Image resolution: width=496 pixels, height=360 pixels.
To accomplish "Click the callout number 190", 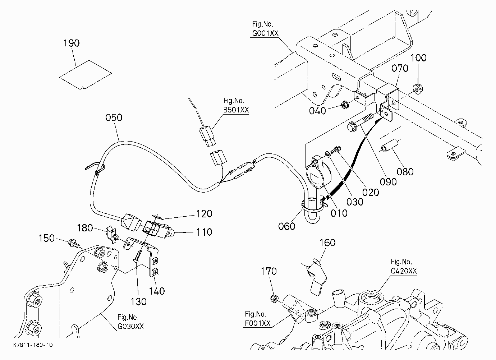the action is [x=71, y=43].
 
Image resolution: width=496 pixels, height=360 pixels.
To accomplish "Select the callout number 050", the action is [x=114, y=117].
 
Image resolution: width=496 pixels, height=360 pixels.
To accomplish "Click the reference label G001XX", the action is [x=265, y=33].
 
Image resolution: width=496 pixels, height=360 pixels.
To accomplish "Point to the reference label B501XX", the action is [x=236, y=110].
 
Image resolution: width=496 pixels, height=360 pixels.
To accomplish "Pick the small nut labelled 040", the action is [x=344, y=105].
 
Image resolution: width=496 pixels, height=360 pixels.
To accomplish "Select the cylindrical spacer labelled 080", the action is [x=390, y=146].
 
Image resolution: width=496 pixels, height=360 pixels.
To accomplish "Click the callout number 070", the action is [x=400, y=68].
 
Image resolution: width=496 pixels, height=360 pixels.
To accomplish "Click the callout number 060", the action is [x=286, y=226].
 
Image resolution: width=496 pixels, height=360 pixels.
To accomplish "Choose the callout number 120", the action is [x=204, y=214].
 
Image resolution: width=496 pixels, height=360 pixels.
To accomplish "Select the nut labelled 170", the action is [x=274, y=299].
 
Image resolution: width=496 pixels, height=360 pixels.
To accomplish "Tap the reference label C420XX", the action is [x=404, y=271].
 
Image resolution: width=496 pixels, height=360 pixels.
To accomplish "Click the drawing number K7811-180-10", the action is [x=33, y=345].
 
